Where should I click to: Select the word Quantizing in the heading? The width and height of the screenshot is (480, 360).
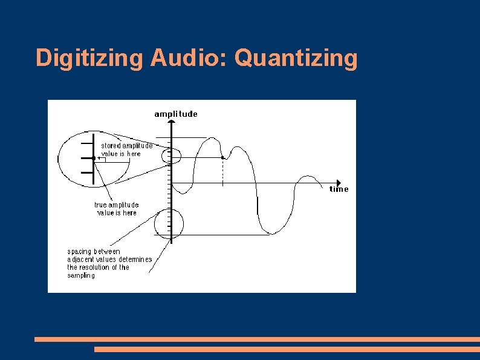click(296, 59)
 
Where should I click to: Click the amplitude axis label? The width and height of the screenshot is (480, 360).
click(175, 114)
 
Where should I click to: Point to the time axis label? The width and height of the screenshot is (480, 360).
click(339, 189)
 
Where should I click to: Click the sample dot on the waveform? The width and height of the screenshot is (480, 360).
click(223, 158)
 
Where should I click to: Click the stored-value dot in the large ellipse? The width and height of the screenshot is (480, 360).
click(94, 159)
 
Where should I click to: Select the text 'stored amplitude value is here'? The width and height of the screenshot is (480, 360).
click(126, 149)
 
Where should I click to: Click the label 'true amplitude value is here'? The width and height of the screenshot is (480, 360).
click(116, 209)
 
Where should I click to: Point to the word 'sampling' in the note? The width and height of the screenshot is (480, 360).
click(81, 275)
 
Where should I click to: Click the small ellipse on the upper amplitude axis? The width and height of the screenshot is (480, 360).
click(171, 156)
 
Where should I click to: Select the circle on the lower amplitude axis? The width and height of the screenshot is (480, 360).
click(168, 224)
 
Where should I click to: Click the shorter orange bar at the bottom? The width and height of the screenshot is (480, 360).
click(287, 349)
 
